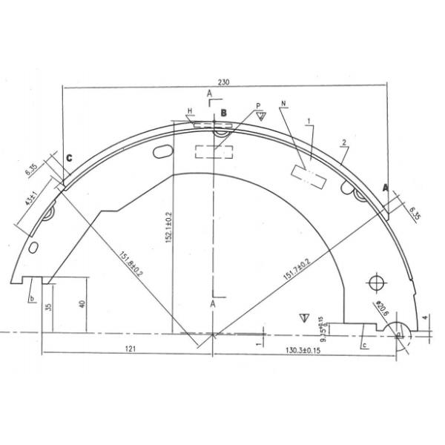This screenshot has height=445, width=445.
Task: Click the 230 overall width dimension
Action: pos(225,82)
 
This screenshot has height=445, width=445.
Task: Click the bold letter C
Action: pos(68,157)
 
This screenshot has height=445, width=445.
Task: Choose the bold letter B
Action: pos(225,113)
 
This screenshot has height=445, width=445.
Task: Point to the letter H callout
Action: pos(190,111)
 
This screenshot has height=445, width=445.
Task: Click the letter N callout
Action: pos(283,104)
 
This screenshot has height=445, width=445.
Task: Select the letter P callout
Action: pos(258,106)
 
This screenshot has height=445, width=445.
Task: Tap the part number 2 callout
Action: pos(345,142)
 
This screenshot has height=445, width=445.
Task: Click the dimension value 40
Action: pos(82,303)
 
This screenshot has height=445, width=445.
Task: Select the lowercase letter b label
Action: pos(32,298)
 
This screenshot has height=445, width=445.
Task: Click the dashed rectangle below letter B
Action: pos(214,151)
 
